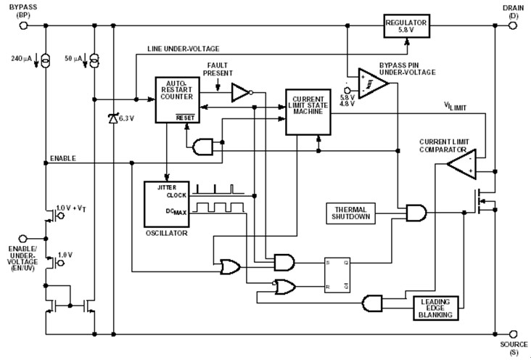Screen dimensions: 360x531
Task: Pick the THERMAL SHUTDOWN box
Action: click(x=351, y=212)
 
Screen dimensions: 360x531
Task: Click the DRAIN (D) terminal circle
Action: click(x=513, y=25)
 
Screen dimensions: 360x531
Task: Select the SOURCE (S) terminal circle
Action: click(x=513, y=335)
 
